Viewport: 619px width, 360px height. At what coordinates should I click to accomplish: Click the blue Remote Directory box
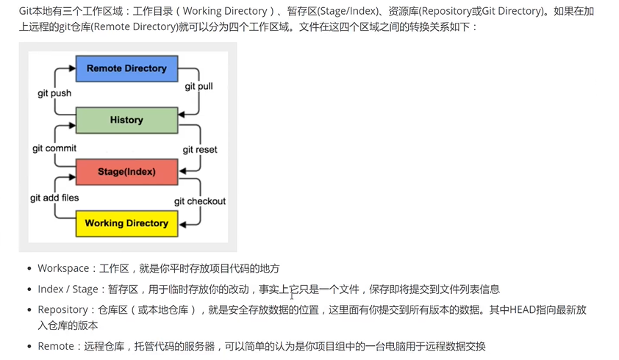[126, 68]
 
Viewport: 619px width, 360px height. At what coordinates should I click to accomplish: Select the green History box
[126, 120]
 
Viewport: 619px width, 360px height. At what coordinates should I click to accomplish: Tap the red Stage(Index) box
[126, 172]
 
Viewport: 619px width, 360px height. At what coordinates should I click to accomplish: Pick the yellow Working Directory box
[126, 223]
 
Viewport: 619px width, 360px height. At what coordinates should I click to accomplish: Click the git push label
[54, 93]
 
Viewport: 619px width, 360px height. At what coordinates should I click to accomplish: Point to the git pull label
[198, 87]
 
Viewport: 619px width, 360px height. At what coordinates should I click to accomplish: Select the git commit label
[54, 148]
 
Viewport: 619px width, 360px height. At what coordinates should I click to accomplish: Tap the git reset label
[200, 150]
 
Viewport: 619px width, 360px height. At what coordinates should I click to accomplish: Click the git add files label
[54, 198]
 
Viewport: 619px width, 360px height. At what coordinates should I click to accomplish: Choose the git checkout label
[200, 201]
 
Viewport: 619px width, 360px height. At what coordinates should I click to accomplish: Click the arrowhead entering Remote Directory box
[72, 68]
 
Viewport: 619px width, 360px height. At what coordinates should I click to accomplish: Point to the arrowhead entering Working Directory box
[182, 225]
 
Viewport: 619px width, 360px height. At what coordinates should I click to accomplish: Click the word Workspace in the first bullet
[63, 268]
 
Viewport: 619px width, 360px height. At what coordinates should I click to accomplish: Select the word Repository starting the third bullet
[62, 310]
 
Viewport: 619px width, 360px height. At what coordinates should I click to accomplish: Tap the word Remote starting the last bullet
[56, 346]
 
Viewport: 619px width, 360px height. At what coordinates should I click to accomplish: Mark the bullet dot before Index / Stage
[29, 289]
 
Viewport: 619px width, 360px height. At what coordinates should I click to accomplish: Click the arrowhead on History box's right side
[182, 115]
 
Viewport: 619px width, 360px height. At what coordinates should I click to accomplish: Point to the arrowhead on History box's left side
[72, 126]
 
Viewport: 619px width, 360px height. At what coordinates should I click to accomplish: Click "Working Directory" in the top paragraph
[225, 11]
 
